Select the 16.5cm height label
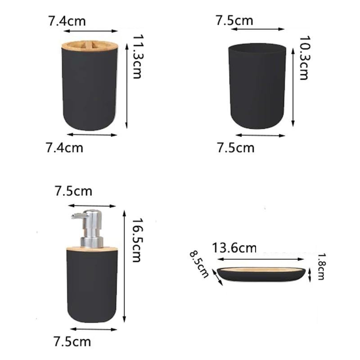pos(138,240)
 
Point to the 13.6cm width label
pos(234,248)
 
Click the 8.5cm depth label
pos(199,264)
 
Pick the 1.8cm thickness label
pos(321,266)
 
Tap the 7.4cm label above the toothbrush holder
pos(67,21)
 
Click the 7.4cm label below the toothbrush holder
pos(64,148)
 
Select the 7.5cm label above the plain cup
pos(234,20)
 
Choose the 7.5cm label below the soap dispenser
pos(72,342)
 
